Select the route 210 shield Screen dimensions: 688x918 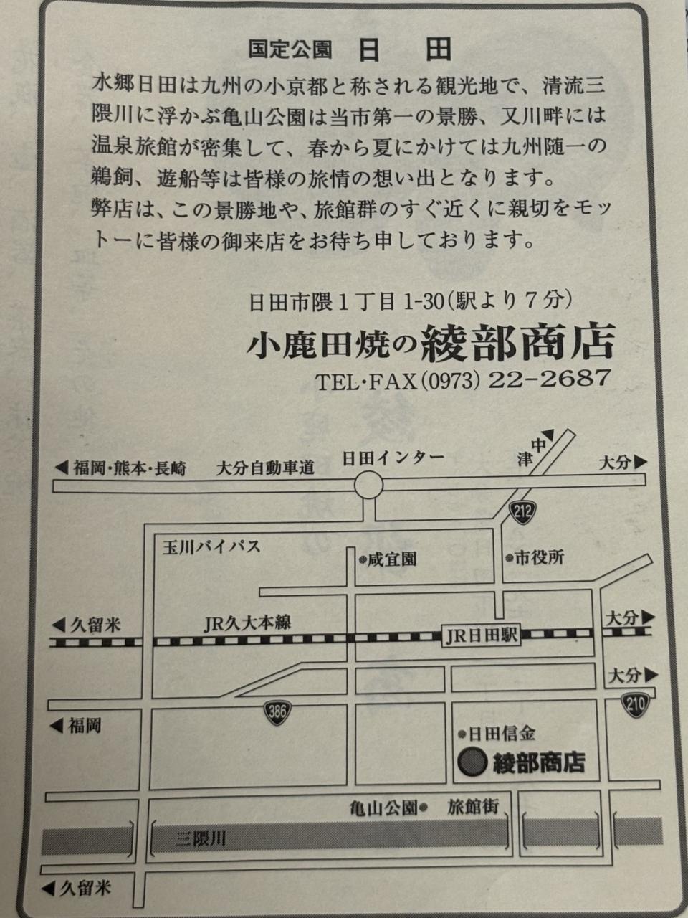point(635,705)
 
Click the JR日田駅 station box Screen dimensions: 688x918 point(481,636)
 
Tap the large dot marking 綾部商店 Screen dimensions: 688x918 point(472,762)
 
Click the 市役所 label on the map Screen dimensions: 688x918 point(539,558)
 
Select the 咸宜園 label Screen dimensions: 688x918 point(391,559)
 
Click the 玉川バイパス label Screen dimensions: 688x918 point(211,546)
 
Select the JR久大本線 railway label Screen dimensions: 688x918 point(247,623)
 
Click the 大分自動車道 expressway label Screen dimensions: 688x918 point(265,468)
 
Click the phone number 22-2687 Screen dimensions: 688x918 point(549,379)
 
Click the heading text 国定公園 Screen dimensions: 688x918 point(290,49)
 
